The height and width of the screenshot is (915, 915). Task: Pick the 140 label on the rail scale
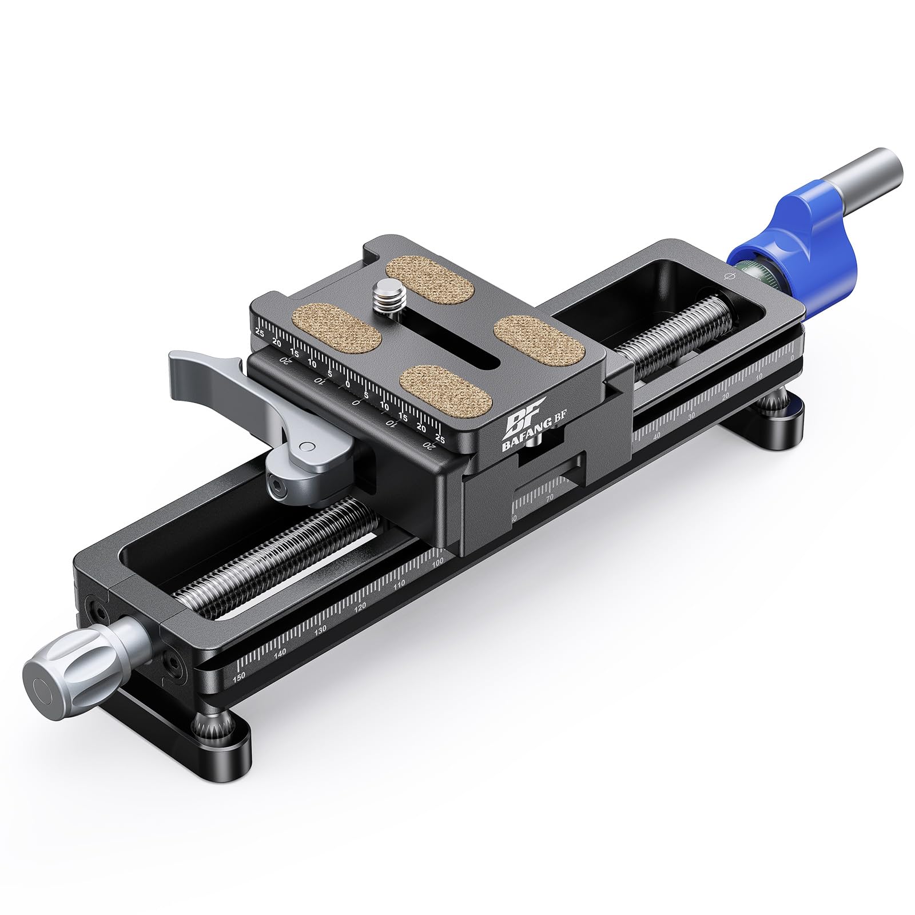click(x=280, y=653)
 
